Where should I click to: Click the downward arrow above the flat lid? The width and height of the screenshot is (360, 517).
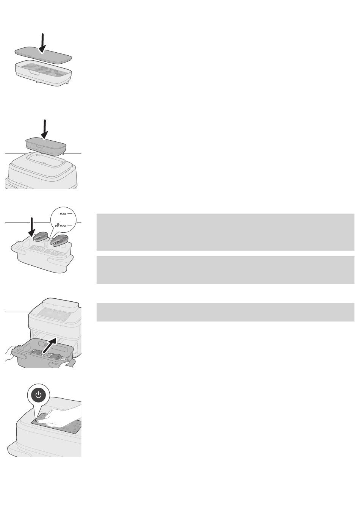42,43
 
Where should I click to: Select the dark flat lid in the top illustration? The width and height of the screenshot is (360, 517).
43,55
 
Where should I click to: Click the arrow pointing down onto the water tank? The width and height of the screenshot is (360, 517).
45,129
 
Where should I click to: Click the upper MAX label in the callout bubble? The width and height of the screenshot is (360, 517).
63,214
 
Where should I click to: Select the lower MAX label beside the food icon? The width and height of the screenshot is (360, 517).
63,226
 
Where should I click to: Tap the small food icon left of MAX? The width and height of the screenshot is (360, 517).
57,225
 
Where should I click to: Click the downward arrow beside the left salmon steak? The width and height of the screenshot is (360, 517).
31,227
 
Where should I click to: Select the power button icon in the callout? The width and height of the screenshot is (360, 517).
39,395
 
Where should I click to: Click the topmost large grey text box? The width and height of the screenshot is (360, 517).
225,232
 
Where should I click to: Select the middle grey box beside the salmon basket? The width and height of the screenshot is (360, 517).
225,270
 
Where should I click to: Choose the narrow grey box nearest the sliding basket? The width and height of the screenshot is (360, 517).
225,312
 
